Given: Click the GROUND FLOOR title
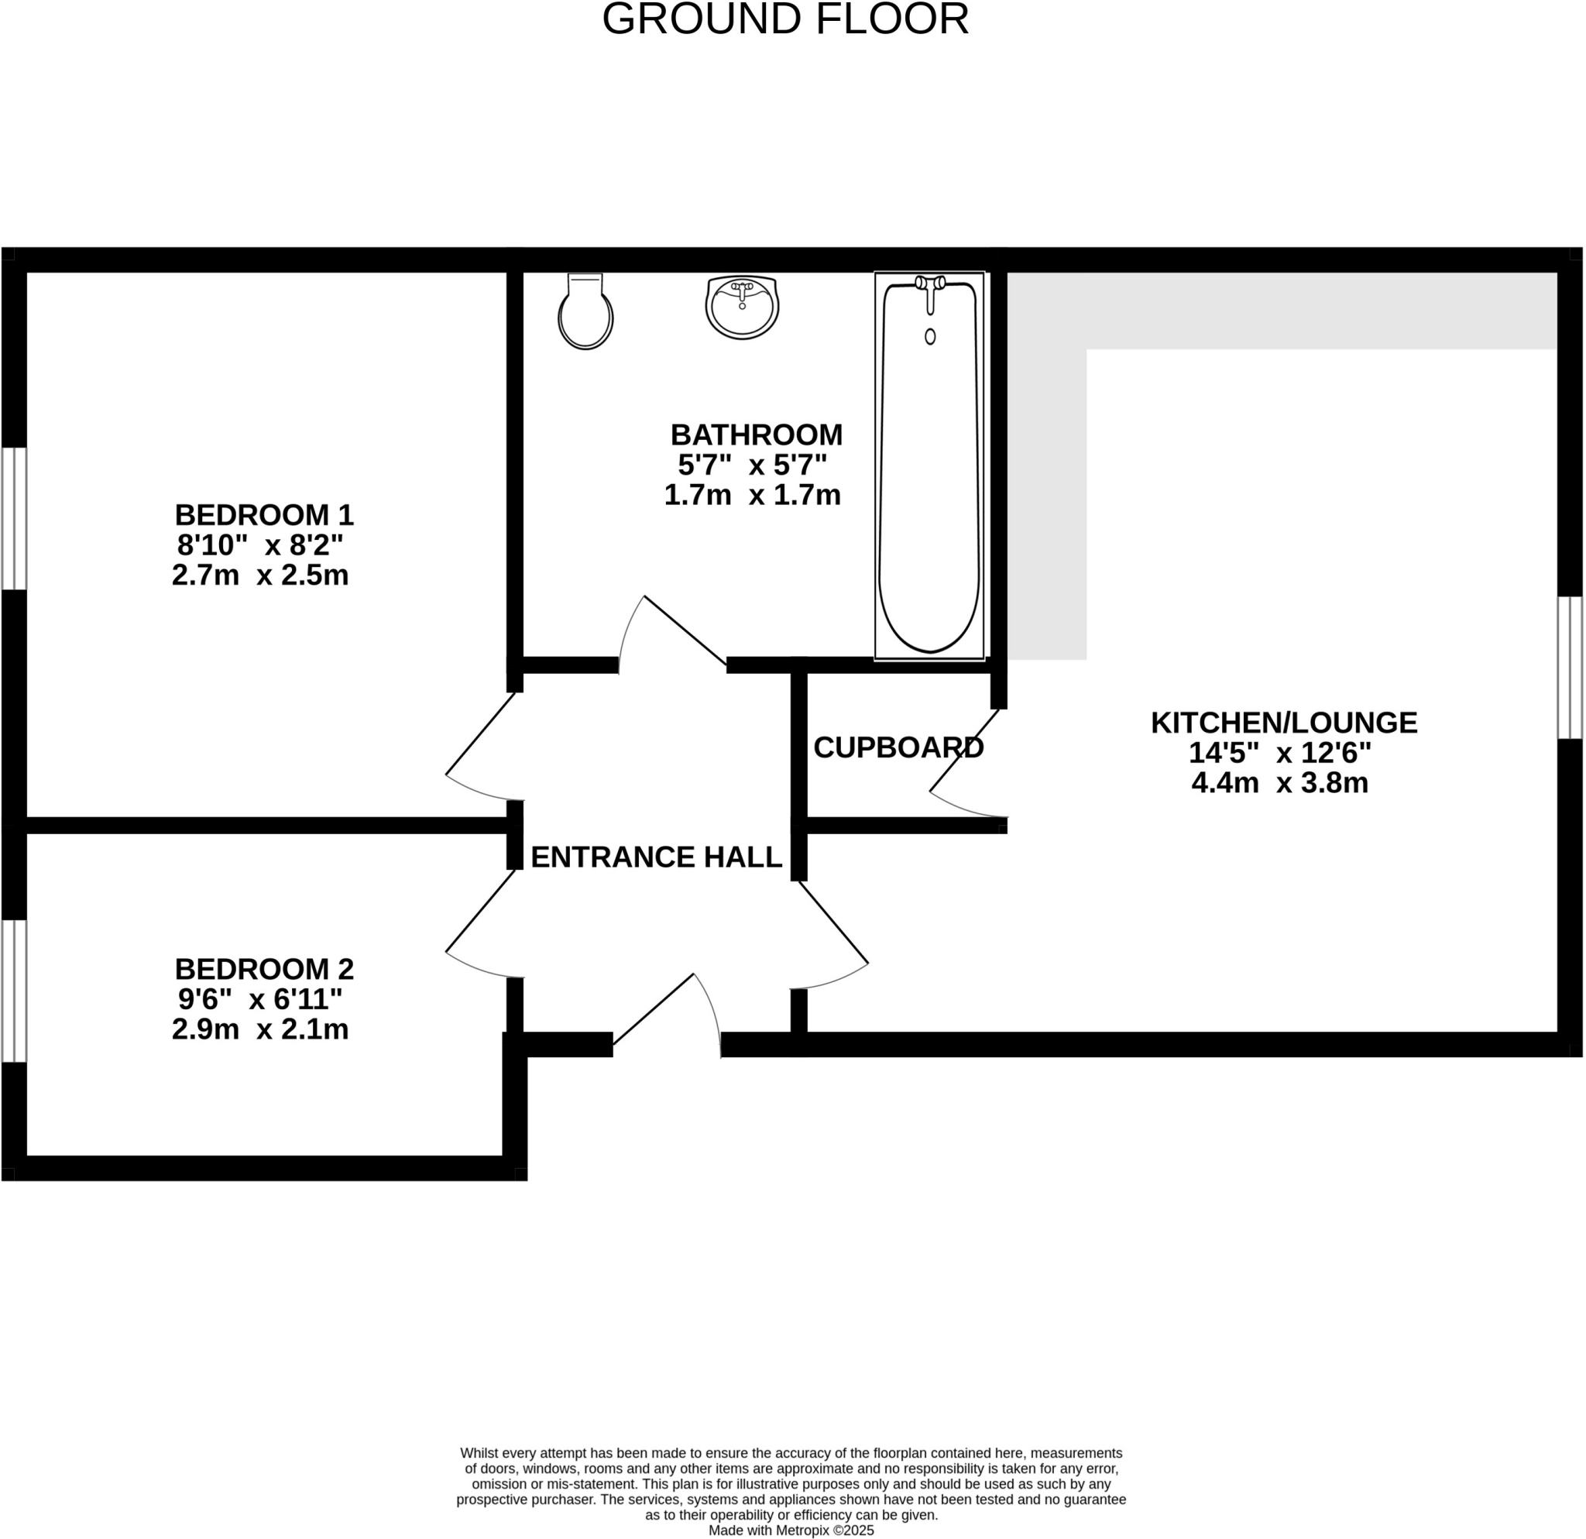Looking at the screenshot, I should click(x=785, y=19).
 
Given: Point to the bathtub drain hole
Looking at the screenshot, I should click(x=930, y=337).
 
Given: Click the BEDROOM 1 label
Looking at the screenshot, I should click(x=264, y=514).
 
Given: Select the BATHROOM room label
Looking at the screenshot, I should click(x=756, y=435).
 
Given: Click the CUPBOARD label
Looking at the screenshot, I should click(x=898, y=747).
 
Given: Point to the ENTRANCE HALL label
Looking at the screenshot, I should click(x=655, y=857).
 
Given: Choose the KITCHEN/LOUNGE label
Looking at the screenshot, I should click(x=1283, y=723).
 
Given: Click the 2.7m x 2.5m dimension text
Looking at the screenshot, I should click(x=259, y=575).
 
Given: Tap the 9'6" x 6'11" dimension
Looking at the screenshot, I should click(x=259, y=999).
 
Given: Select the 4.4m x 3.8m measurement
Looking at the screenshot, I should click(x=1279, y=783).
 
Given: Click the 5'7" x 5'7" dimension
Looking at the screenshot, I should click(x=752, y=465).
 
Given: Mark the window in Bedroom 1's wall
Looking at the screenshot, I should click(x=14, y=518).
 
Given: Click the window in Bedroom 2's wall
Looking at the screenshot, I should click(x=14, y=991).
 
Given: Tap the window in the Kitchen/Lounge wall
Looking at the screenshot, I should click(x=1570, y=668).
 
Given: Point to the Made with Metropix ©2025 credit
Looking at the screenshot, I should click(x=791, y=1530).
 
